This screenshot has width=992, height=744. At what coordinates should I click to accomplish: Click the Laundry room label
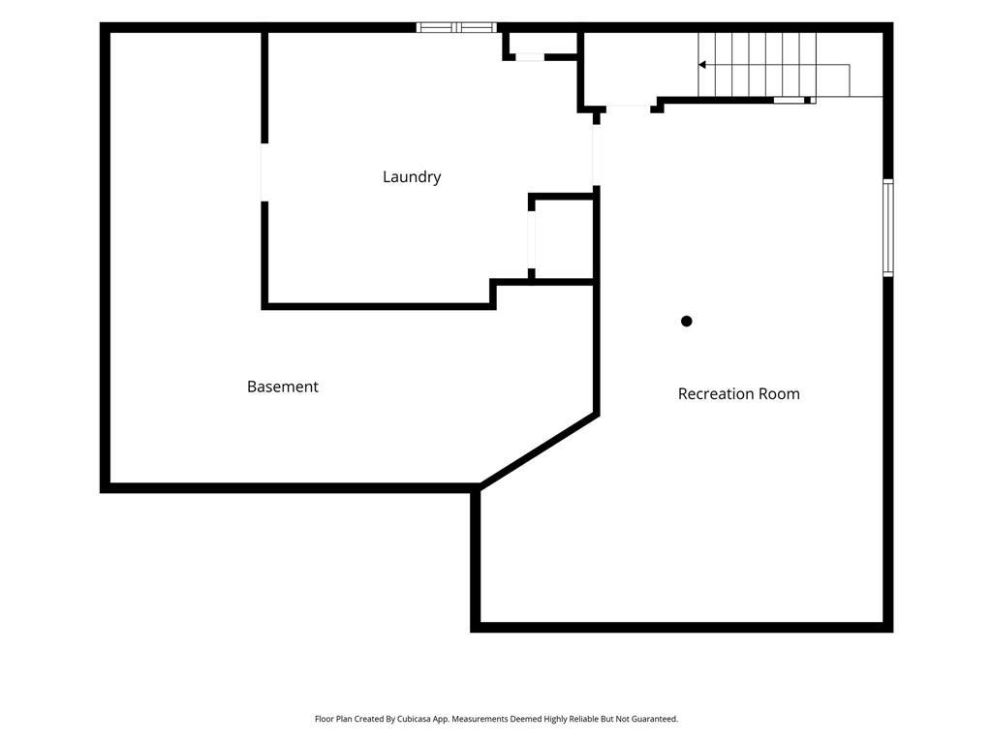click(412, 177)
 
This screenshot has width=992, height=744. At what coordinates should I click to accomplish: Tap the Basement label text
click(283, 387)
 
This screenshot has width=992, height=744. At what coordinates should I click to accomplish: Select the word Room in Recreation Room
click(780, 393)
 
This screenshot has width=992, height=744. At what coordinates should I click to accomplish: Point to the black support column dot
click(687, 322)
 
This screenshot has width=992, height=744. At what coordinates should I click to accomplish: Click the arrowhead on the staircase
click(702, 65)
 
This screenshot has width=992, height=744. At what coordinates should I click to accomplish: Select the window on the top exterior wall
click(456, 27)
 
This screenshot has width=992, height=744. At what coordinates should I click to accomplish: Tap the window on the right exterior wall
click(888, 228)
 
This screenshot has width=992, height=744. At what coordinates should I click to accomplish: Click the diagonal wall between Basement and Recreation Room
click(539, 450)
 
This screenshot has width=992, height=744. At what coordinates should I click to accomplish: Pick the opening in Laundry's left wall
click(264, 172)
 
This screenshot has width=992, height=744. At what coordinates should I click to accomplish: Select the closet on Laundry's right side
click(563, 239)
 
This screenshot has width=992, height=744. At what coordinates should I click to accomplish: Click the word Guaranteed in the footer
click(657, 719)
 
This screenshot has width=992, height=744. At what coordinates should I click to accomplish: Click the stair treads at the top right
click(758, 65)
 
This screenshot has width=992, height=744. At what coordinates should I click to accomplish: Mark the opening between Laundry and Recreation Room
click(596, 155)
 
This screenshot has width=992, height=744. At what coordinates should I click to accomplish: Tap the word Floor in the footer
click(325, 719)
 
